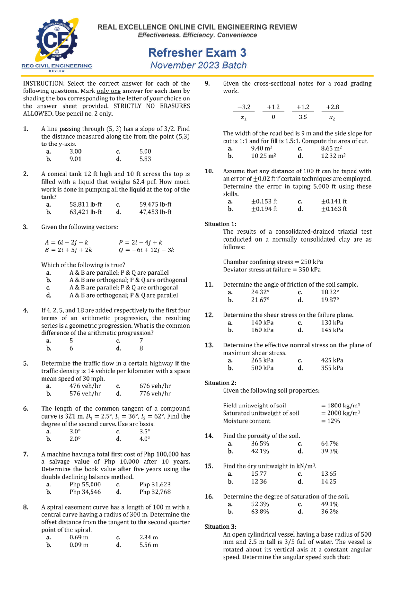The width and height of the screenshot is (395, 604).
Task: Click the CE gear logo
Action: point(57,41)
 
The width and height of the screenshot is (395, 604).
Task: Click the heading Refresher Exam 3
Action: point(197,53)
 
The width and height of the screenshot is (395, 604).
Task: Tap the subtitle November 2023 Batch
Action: point(198,65)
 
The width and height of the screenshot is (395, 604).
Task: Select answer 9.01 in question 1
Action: point(75,159)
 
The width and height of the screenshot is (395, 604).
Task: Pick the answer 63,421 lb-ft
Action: point(86,212)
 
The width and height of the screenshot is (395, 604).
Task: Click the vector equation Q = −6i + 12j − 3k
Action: point(146,250)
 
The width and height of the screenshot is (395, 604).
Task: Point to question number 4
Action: point(26,310)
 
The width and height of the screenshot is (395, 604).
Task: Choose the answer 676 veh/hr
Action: point(155,386)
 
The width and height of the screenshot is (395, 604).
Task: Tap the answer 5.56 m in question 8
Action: point(148,545)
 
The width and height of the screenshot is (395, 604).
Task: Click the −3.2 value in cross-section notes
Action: point(244,107)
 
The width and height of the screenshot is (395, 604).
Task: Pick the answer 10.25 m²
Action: point(263,156)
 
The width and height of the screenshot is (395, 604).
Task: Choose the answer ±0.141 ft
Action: point(334,201)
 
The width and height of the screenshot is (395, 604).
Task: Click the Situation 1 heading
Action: point(221,224)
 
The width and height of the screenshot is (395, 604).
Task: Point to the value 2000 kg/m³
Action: point(340,413)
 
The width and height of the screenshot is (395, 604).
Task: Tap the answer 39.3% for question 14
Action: point(329,451)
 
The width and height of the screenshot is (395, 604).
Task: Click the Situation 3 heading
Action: point(221,527)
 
